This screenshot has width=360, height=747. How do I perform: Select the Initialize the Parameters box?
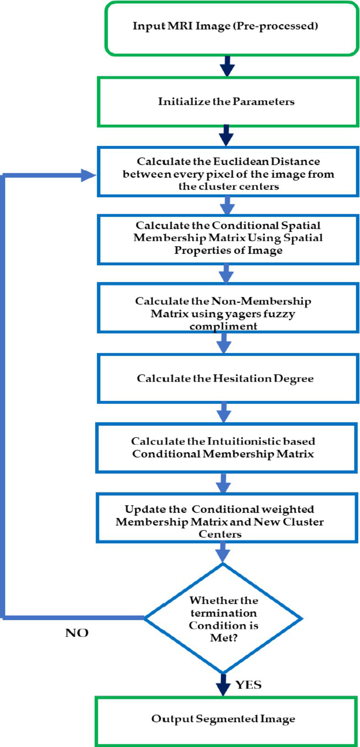(228, 102)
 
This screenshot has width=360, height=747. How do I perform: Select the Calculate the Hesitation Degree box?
(228, 378)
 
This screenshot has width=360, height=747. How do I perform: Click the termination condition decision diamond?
(223, 618)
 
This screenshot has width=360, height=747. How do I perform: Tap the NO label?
(77, 633)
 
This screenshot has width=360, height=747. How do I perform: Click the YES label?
(248, 685)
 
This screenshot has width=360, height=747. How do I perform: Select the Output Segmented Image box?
(226, 719)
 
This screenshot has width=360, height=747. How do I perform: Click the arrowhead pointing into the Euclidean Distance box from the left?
(88, 175)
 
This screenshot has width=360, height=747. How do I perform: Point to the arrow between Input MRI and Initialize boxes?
(227, 66)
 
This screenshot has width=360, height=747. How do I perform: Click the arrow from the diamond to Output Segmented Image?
(223, 685)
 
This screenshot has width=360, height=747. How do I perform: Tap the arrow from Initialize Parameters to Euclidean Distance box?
(226, 136)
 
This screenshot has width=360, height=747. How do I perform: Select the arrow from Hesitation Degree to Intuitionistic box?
(224, 413)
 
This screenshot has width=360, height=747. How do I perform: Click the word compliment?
(223, 326)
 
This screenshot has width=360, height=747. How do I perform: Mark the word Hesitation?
(242, 379)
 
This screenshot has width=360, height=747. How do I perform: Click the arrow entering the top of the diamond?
(223, 552)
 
